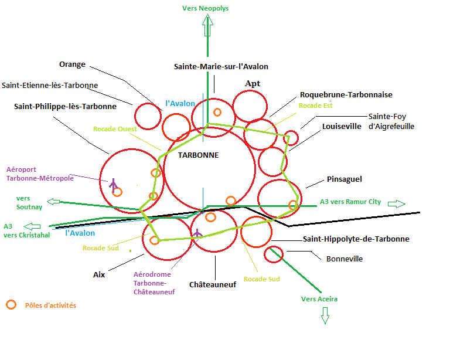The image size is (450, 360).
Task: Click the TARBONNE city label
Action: pos(198,155)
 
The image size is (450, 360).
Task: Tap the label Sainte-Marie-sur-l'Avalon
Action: pos(221,67)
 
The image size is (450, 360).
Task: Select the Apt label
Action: pos(253,84)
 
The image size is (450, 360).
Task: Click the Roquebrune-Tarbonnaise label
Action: pos(346,94)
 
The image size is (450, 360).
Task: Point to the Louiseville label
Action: pos(342,126)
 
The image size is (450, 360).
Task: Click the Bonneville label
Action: pos(344,259)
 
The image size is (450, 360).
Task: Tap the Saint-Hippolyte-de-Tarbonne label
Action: pos(356,239)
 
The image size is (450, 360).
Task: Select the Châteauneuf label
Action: pos(212,284)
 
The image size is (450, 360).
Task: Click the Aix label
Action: pos(99,274)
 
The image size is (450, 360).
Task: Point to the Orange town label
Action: pos(72,64)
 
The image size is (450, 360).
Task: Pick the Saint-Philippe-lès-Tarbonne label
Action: pos(65,107)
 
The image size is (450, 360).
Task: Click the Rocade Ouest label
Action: pos(115,129)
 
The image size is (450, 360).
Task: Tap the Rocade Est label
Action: pos(315,106)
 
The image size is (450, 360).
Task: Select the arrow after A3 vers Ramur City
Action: pos(397,203)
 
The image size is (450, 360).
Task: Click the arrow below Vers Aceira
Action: pos(325,317)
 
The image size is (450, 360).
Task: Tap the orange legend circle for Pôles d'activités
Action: pos(11,305)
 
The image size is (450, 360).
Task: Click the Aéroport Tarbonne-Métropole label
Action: pos(40,174)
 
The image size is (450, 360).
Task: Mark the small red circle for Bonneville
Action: pos(274,254)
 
